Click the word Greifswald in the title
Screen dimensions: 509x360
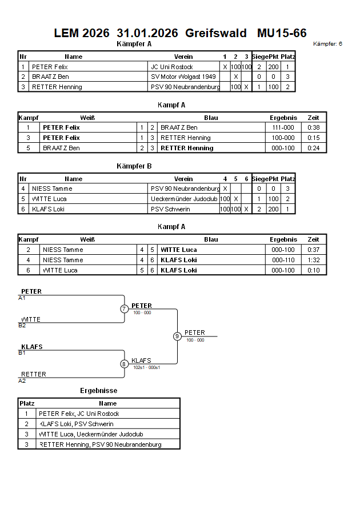click(216, 33)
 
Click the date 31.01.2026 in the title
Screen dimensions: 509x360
click(147, 33)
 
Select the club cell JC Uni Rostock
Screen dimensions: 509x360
click(172, 67)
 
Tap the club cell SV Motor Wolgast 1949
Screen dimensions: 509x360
click(183, 77)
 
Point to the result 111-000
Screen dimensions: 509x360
click(283, 127)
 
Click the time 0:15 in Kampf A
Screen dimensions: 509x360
click(314, 138)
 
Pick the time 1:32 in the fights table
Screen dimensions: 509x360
click(314, 260)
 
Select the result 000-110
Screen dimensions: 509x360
click(283, 260)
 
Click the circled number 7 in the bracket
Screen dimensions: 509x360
click(124, 309)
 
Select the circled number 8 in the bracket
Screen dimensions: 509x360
click(124, 364)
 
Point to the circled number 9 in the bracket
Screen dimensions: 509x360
click(177, 336)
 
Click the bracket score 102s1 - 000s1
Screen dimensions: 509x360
click(147, 368)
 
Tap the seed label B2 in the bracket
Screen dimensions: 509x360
click(22, 326)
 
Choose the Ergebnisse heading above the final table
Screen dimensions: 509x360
click(98, 391)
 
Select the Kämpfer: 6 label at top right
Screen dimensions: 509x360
click(328, 44)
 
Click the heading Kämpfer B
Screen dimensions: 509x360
click(134, 166)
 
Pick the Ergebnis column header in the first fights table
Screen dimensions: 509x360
click(283, 118)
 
